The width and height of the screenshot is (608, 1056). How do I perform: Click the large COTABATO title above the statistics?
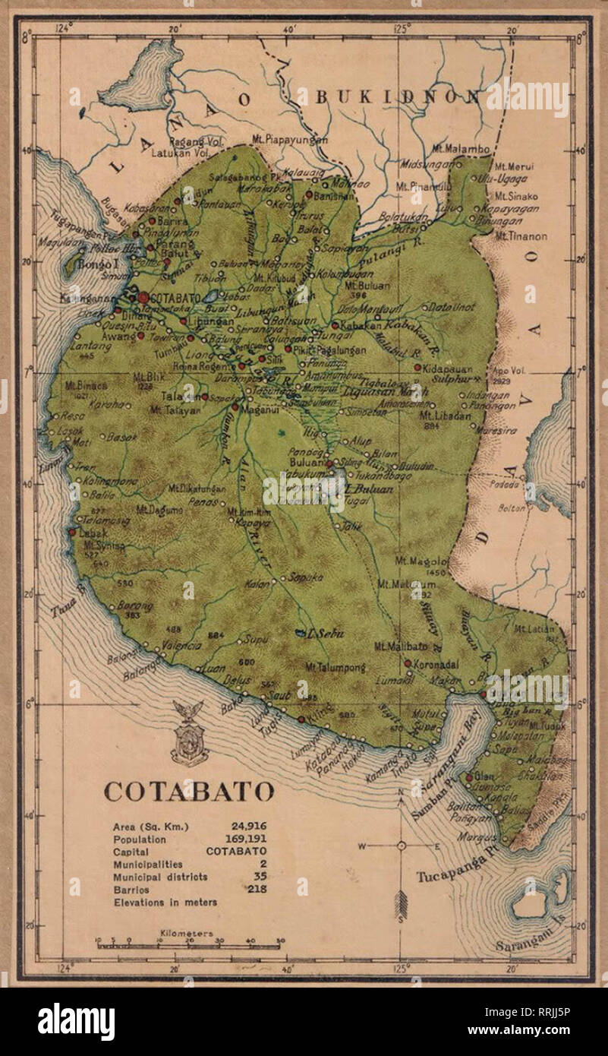click(189, 791)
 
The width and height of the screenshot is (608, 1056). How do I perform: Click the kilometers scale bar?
click(190, 944)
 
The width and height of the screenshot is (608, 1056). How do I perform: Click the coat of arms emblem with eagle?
click(189, 733)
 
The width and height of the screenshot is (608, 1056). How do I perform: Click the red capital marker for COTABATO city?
click(143, 297)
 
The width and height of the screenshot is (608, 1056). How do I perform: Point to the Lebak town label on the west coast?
click(93, 533)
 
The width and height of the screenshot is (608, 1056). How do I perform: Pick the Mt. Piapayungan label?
click(291, 139)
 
